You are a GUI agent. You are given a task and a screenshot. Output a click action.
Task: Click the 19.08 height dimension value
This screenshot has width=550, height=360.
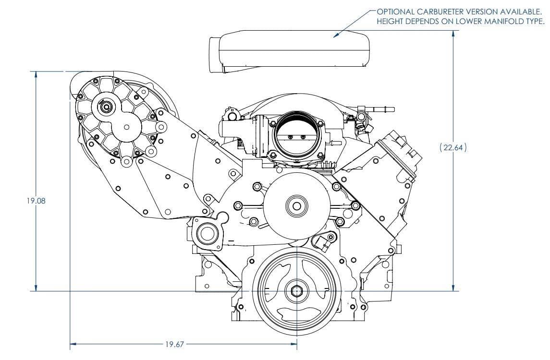click(37, 201)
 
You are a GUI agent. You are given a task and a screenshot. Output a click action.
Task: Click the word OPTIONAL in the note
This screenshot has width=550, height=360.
click(393, 12)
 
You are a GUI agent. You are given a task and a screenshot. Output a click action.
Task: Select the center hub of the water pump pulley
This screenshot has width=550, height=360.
click(293, 205)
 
